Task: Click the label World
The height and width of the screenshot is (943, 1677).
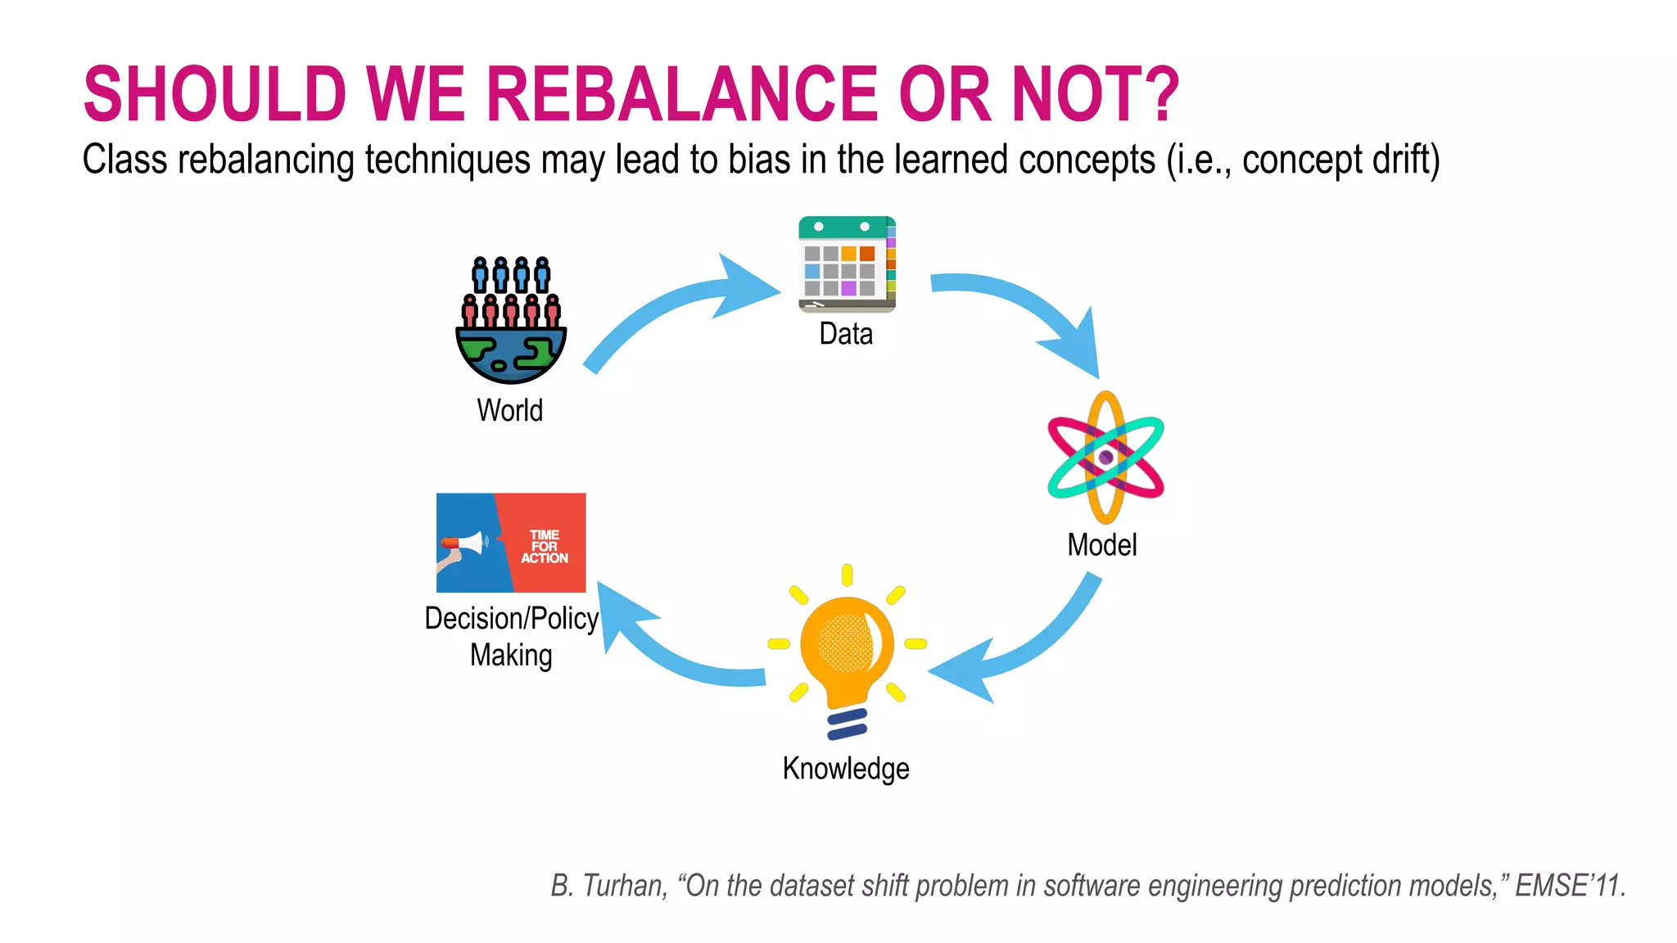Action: pyautogui.click(x=509, y=410)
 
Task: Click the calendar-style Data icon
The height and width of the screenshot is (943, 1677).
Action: pyautogui.click(x=847, y=264)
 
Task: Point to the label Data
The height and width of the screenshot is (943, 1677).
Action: pyautogui.click(x=846, y=334)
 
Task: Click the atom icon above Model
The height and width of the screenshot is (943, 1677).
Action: pyautogui.click(x=1105, y=457)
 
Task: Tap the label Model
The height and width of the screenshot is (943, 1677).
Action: pyautogui.click(x=1102, y=545)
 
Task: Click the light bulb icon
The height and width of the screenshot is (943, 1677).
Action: pyautogui.click(x=847, y=651)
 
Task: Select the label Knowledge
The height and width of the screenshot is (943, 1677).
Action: pyautogui.click(x=846, y=769)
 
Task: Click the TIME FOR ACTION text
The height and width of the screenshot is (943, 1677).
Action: pyautogui.click(x=545, y=546)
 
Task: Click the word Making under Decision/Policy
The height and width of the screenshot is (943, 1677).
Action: pyautogui.click(x=511, y=656)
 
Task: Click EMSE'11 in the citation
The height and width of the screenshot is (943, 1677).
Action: pyautogui.click(x=1570, y=886)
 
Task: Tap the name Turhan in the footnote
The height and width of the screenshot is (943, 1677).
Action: pyautogui.click(x=625, y=886)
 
